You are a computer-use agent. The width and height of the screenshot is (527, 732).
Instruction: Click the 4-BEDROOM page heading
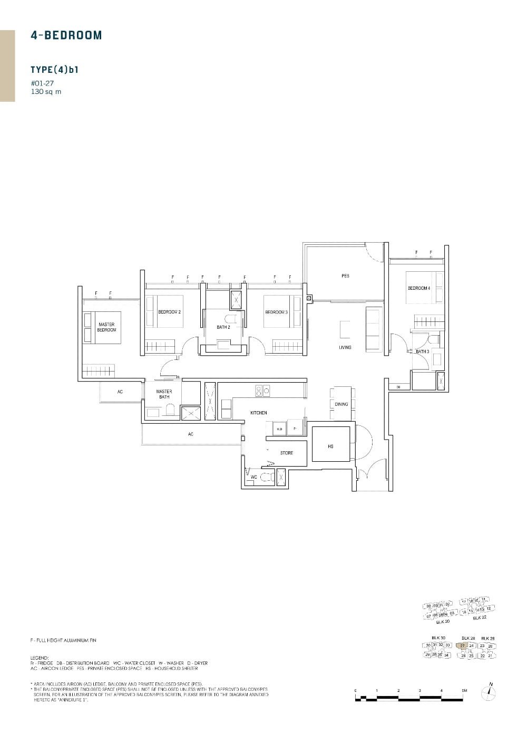point(66,35)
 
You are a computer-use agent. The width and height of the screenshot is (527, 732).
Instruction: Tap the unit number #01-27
point(43,83)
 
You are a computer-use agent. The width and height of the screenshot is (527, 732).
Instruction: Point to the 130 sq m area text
point(46,91)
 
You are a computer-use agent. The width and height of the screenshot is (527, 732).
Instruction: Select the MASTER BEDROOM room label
point(106,327)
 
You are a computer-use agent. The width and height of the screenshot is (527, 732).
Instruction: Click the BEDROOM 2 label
point(169,312)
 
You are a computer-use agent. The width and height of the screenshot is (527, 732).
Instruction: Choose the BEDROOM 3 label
point(276,312)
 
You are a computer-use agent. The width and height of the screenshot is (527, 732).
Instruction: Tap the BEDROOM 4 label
point(419,288)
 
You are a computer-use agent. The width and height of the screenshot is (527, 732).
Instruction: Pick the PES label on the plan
point(345,275)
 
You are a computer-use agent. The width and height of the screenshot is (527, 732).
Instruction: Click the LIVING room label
point(345,347)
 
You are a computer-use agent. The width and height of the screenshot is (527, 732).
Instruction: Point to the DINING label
point(341,404)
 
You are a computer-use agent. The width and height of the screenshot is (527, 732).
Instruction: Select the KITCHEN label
point(259,413)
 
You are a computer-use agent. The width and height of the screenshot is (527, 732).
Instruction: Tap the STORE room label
point(287,453)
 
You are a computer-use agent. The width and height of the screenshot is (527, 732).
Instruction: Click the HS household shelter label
point(330,446)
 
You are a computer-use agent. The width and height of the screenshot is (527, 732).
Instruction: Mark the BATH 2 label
point(223,327)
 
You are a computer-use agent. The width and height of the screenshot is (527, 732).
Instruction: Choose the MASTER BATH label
point(164,394)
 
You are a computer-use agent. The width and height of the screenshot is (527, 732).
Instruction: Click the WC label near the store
point(253,477)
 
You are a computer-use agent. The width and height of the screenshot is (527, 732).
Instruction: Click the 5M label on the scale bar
point(464,690)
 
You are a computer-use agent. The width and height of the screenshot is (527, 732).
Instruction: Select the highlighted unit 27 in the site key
point(462,645)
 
